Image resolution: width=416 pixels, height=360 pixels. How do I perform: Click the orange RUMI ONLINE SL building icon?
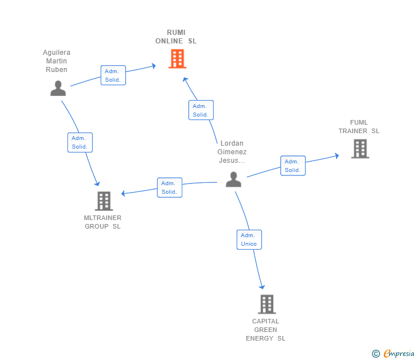click(x=177, y=58)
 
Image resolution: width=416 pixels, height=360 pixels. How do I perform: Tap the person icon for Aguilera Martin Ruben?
click(x=58, y=88)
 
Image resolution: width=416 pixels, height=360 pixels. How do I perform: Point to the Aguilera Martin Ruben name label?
click(x=57, y=61)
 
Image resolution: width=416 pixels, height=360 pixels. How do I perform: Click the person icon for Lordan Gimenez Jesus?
click(x=233, y=179)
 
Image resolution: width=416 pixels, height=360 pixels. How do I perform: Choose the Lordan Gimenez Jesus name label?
click(x=232, y=152)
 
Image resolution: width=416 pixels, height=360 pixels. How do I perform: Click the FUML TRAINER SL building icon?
click(x=359, y=149)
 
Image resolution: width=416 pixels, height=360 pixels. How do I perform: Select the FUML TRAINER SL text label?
click(x=359, y=127)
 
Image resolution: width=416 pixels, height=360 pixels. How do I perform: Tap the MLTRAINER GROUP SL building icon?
click(x=103, y=201)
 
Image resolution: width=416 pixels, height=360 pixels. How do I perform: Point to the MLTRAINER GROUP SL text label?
click(x=103, y=222)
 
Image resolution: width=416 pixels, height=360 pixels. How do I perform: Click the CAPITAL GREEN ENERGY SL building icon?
click(x=266, y=304)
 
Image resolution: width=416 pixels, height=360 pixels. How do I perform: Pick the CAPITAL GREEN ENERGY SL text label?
click(x=266, y=330)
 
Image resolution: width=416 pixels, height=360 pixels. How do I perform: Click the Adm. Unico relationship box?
click(x=249, y=239)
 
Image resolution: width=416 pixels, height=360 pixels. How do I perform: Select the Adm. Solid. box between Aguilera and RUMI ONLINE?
click(x=113, y=75)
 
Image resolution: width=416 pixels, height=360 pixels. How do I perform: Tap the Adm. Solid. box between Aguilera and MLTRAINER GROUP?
click(x=80, y=142)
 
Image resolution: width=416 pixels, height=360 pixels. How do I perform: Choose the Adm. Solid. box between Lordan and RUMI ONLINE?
click(x=201, y=110)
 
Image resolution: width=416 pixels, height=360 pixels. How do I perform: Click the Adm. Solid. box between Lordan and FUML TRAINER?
click(x=293, y=166)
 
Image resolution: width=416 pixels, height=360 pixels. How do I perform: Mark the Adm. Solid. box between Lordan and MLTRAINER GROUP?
click(x=169, y=187)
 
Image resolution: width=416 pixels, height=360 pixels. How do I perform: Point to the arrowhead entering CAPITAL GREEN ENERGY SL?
click(x=262, y=286)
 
